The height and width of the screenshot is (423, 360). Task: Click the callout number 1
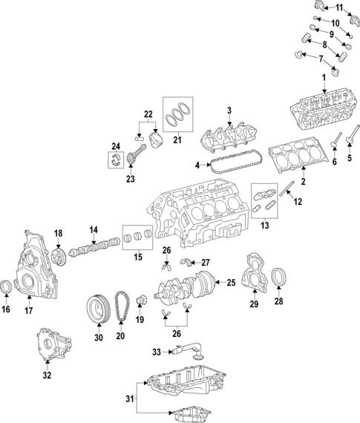coord(323,78)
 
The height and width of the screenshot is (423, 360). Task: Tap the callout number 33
coord(157,352)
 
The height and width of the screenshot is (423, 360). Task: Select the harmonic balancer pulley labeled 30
coord(96,306)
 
